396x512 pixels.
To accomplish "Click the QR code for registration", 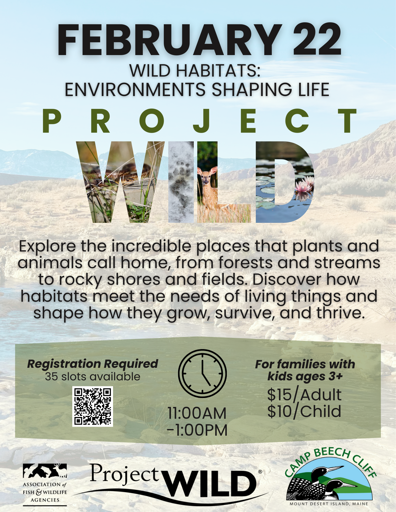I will tap(93, 406).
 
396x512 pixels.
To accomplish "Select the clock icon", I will tap(202, 373).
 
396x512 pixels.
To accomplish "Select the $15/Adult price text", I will tap(304, 395).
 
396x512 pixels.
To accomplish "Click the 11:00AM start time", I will tap(197, 413).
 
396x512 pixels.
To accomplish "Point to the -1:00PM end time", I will tap(197, 430).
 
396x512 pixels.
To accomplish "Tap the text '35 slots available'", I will tap(93, 377).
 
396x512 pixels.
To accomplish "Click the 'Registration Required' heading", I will tap(93, 364).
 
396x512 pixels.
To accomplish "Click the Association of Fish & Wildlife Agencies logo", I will tap(45, 484).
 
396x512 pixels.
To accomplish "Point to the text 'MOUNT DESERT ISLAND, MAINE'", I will tap(329, 504).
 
